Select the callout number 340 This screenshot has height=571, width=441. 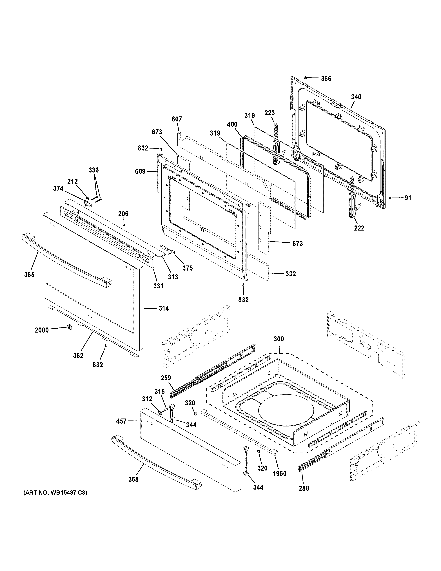click(356, 97)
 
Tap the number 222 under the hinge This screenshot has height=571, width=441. click(359, 228)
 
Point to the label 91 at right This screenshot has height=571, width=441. click(408, 198)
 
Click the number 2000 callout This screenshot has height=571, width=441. click(42, 330)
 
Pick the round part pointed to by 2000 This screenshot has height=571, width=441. click(70, 327)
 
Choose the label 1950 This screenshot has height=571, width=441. click(280, 473)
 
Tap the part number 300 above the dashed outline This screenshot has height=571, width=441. click(279, 339)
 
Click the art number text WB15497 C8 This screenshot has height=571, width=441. click(55, 493)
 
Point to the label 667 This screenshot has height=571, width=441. click(177, 119)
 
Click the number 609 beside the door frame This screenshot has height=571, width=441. click(140, 172)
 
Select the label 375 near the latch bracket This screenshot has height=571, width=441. click(188, 268)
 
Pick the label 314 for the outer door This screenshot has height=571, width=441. click(164, 309)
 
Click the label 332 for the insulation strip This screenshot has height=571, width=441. click(291, 274)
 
